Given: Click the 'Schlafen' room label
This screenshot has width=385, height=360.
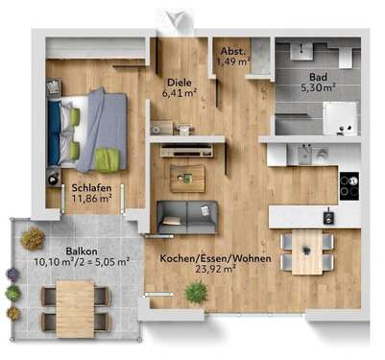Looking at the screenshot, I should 89,189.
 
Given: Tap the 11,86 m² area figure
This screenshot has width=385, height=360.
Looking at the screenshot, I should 89,200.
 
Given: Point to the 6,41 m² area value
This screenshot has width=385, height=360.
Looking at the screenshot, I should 179,94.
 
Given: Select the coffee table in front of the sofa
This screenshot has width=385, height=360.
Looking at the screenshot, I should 187,177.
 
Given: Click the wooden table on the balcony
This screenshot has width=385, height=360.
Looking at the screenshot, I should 75,306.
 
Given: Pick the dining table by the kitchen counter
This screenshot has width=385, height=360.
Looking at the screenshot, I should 308,252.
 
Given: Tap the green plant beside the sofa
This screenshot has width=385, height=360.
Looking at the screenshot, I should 196,293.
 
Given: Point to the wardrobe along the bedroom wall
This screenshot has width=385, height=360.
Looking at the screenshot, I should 96,47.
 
